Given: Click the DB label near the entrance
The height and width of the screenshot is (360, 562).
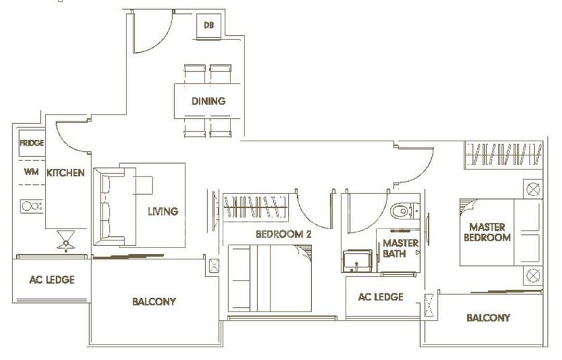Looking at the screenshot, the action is click(x=209, y=25).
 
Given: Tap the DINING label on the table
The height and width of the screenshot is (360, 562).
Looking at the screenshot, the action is click(x=209, y=101).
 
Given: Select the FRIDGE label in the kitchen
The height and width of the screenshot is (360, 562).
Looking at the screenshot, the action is click(x=32, y=143).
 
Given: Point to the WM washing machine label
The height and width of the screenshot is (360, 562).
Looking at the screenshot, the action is click(x=31, y=172).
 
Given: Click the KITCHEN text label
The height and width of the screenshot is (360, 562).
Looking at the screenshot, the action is click(x=65, y=173).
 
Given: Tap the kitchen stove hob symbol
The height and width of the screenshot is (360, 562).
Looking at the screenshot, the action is click(x=32, y=206).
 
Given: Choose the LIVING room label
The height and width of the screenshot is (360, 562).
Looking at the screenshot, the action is click(x=163, y=212).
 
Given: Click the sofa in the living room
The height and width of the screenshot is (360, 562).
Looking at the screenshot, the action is click(x=115, y=207).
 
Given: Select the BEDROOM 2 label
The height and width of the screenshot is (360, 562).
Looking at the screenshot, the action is click(x=284, y=235).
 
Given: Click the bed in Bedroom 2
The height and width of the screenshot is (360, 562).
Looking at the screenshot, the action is click(x=270, y=278).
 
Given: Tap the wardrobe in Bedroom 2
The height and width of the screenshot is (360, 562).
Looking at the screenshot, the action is click(x=256, y=207).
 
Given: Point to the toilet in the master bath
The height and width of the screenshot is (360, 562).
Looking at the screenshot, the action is click(x=405, y=211).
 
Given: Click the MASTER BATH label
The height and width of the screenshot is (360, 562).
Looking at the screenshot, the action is click(x=400, y=248).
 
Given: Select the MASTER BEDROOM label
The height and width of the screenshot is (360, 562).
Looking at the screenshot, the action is click(x=487, y=232).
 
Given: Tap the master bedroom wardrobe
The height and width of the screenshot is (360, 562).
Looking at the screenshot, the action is click(x=504, y=155).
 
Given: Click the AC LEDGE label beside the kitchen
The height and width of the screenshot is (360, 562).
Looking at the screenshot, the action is click(x=52, y=280).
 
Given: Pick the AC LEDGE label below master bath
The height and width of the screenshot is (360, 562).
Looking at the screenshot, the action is click(x=381, y=297).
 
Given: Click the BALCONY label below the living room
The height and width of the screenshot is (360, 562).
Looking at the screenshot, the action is click(x=154, y=302).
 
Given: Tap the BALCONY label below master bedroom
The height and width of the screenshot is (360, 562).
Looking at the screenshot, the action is click(x=488, y=318).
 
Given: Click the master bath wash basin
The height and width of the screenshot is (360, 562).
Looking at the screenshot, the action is click(x=357, y=261).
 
